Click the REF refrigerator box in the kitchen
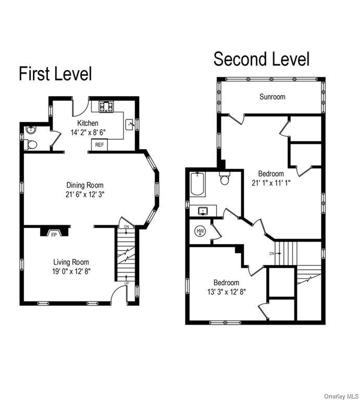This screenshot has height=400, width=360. coord(100,145)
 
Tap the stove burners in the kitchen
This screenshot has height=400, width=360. coord(106,106)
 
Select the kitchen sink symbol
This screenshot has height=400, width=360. coord(130,125)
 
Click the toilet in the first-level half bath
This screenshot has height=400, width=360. coord(31,145)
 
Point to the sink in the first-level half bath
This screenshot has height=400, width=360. coord(31,130)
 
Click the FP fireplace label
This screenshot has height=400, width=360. coord(54,235)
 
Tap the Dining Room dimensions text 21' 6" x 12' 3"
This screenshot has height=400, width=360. coord(85,195)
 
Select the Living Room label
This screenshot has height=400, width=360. coord(71,262)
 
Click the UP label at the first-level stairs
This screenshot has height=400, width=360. coord(127,283)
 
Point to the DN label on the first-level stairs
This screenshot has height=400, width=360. coord(126,227)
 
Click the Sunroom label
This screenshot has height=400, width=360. coord(272,97)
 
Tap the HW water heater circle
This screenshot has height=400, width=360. coord(200,231)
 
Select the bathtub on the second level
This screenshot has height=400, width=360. coord(197,184)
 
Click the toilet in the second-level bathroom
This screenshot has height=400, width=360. coord(225,178)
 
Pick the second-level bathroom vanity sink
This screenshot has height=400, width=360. coord(203,211)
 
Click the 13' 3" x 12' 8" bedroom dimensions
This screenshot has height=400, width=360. coord(227,292)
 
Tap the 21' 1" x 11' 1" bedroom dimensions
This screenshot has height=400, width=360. coord(271,183)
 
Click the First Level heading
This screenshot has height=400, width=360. coord(55,74)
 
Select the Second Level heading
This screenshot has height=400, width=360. coord(262,59)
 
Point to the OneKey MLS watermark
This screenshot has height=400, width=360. coord(341,396)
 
